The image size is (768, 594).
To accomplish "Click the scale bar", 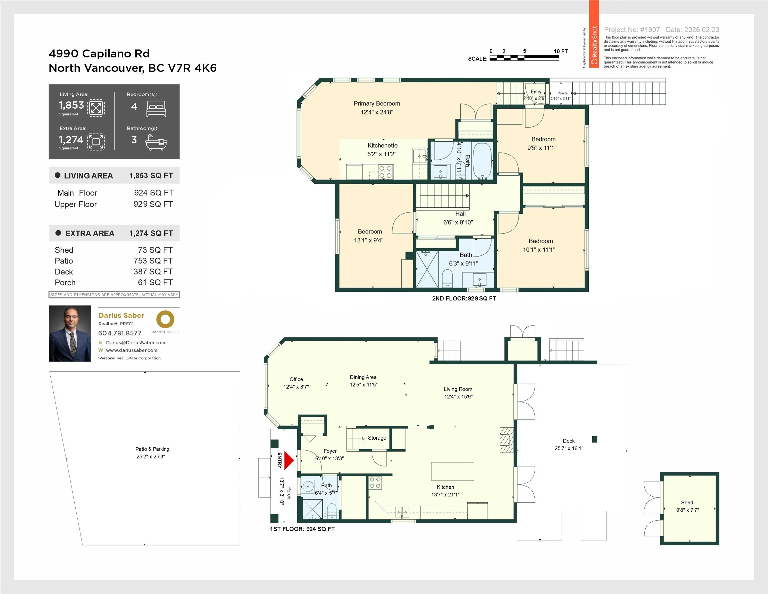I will point(524,58).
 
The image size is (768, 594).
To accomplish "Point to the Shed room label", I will point(687,503).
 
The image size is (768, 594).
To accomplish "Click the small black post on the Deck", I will point(595,439).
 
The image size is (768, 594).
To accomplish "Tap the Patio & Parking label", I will point(152,449).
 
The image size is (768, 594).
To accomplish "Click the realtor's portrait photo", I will point(70,333).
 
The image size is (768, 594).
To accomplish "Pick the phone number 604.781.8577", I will point(120,333).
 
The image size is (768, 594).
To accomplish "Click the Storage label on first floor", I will point(377,438).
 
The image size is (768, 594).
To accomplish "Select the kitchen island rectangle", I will point(453,471).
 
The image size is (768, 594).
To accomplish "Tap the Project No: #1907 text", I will point(632,30).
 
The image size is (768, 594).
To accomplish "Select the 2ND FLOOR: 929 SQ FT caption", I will point(464,299).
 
